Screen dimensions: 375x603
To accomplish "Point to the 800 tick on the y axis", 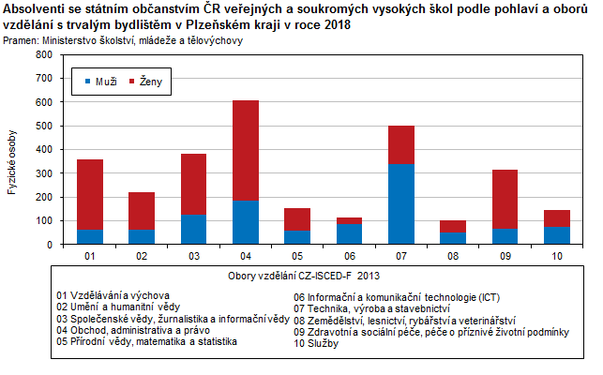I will (41, 54).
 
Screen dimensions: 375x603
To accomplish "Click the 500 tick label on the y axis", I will (41, 126).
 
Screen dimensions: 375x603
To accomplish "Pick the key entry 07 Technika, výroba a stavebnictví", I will (372, 308).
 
